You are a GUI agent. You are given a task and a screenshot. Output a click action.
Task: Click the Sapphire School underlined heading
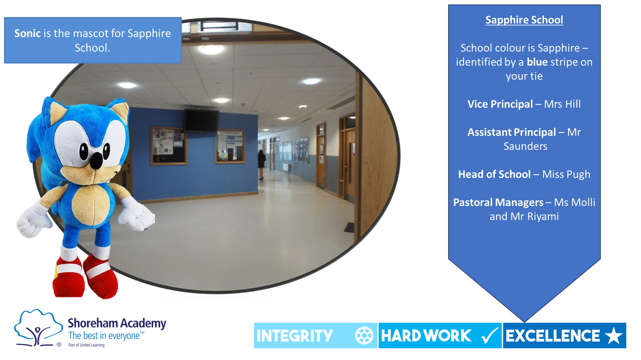coord(524,20)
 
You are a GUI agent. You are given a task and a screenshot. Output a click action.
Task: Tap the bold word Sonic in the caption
coord(28,33)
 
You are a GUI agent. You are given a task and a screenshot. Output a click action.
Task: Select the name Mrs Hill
coord(562,104)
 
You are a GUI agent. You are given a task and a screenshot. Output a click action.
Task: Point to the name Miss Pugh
coord(566,174)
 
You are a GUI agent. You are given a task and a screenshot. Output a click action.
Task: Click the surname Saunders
coord(525,146)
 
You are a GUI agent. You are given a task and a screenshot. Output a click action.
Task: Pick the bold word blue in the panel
coord(537,62)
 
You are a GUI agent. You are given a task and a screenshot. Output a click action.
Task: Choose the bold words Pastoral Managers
coord(498,202)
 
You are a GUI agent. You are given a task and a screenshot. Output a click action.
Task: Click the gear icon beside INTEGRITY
coord(364,335)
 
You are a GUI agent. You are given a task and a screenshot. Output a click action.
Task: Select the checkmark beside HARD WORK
coord(490,335)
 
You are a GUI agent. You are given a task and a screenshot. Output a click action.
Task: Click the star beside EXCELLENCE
coord(614,335)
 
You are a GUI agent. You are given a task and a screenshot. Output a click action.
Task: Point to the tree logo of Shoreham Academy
coord(38,327)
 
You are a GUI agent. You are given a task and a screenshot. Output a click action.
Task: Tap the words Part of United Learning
coord(87,345)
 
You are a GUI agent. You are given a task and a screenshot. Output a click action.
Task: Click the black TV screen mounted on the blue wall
coord(201,120)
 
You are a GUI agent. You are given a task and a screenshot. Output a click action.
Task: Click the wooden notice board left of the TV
coord(169,145)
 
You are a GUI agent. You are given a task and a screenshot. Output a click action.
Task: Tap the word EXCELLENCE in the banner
coord(552,335)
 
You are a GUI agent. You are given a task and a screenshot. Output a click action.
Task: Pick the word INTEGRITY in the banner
coord(294,335)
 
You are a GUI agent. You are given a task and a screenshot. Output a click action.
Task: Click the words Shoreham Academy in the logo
coord(117,323)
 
